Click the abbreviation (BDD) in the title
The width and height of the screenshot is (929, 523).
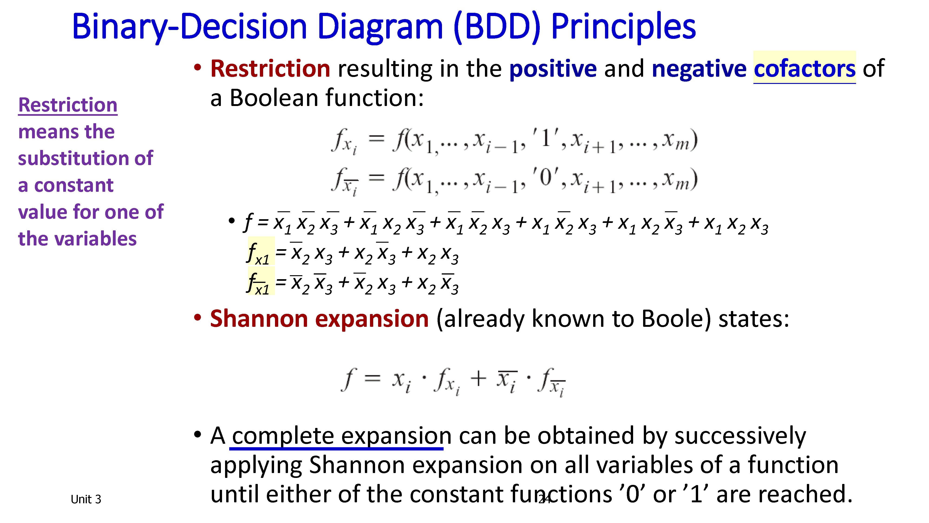(497, 27)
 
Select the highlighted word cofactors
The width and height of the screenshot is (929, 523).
(805, 69)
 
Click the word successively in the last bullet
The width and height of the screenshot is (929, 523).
(740, 436)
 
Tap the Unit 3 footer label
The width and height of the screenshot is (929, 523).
(86, 499)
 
